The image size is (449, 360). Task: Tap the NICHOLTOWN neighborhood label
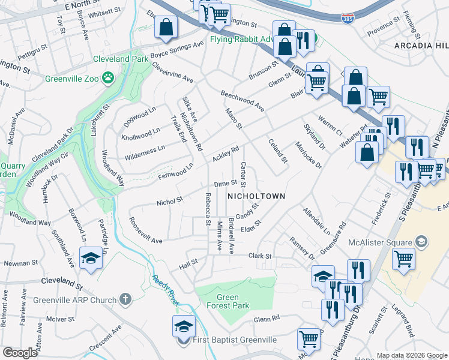tap(256, 196)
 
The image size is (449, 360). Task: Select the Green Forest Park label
tap(232, 301)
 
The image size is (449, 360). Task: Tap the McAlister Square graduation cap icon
tap(421, 241)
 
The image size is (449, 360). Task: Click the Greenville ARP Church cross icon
tap(125, 298)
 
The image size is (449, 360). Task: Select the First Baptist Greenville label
tap(235, 340)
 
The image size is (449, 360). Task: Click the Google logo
tap(20, 353)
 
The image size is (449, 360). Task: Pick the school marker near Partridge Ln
tap(91, 258)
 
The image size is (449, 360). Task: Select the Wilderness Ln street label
tap(144, 152)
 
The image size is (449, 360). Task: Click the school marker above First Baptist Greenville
tap(184, 326)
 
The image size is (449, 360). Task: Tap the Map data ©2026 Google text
tap(412, 355)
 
